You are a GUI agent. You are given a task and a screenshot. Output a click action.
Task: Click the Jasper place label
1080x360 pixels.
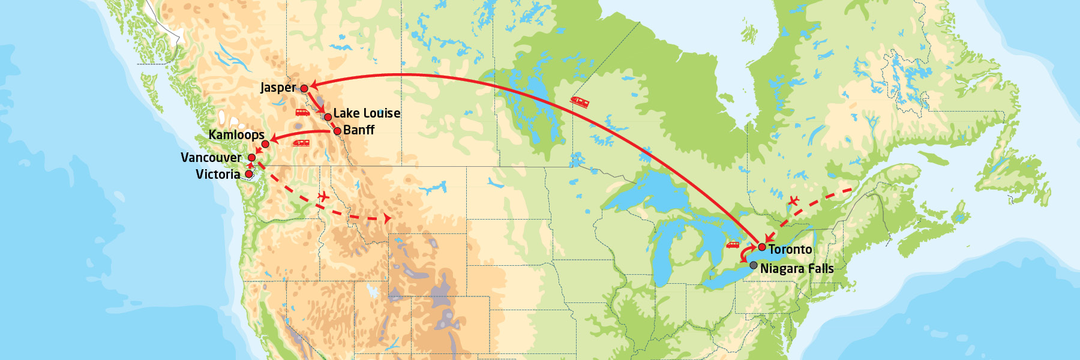coord(278,88)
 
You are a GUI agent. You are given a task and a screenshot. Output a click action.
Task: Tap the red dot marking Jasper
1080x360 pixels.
coord(304,88)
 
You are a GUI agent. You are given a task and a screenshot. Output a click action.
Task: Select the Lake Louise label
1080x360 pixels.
coord(367,113)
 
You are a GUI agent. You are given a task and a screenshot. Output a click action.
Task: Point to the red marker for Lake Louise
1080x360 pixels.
coord(328,117)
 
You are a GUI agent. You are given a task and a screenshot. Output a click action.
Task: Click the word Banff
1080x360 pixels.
coord(359,130)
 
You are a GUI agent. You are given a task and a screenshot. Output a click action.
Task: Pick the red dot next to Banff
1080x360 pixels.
coord(337,131)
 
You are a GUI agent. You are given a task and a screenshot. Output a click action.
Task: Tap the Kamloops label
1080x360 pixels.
coord(236,135)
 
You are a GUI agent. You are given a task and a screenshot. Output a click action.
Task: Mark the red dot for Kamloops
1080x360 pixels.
coord(265,144)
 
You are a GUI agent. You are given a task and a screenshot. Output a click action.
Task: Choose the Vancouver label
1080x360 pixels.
coord(211,158)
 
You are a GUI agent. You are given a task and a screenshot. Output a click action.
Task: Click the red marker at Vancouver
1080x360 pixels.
coord(252,158)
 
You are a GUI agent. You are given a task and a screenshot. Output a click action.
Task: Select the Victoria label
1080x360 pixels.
coord(218,175)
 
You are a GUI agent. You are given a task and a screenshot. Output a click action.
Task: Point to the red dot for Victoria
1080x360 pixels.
coord(249,174)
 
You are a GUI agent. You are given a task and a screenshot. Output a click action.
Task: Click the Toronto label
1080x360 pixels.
coord(790,250)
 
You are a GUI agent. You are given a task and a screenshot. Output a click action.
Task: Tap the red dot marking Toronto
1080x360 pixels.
coord(762,247)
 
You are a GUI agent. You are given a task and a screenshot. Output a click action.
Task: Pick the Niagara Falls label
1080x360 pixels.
coord(797,269)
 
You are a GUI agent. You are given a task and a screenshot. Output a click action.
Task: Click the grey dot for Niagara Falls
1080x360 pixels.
coord(754,265)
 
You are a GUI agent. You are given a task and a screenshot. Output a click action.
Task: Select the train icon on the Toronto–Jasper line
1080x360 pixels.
coord(580,102)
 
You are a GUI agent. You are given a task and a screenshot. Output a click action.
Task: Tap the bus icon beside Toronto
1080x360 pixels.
coord(733,245)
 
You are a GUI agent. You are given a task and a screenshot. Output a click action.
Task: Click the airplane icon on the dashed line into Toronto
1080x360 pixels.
coord(794,201)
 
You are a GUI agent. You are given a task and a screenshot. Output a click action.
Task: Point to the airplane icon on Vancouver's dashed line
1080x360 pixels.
coord(324,196)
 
